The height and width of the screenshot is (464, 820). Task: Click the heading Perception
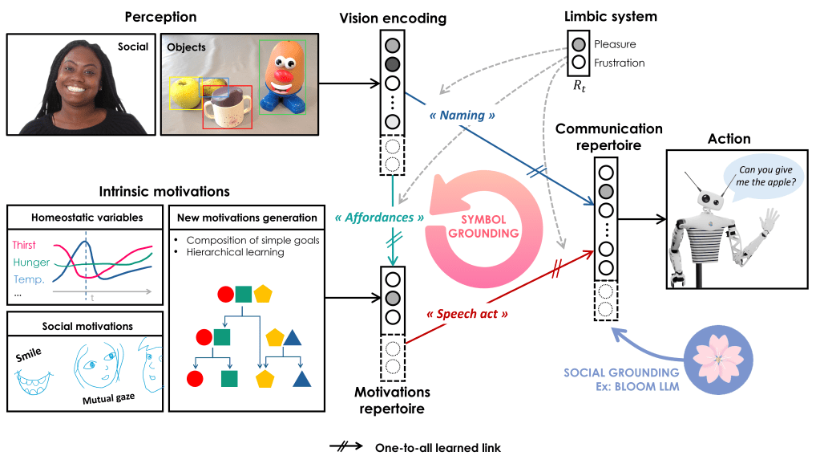coord(161,17)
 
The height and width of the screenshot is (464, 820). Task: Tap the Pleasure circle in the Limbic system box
coord(578,43)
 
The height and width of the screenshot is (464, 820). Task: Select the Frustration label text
coord(620,63)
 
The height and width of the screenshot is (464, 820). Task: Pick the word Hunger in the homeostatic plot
coord(31,263)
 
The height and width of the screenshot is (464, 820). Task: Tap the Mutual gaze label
coord(109,399)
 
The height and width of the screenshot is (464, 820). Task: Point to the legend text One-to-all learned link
coord(438,448)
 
